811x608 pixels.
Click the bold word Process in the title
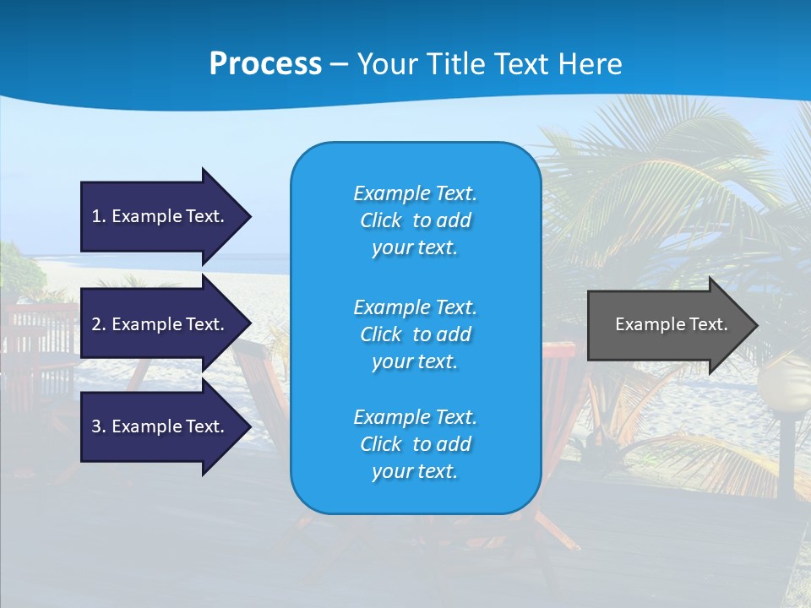265,64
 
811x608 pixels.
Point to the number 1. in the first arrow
99,216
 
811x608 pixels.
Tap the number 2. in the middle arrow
99,324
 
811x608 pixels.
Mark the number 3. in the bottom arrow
99,426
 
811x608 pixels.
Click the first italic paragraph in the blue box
415,220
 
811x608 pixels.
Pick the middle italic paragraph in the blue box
415,334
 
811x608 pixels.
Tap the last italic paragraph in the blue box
415,444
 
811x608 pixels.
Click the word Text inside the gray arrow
709,324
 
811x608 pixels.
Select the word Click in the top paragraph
381,221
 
